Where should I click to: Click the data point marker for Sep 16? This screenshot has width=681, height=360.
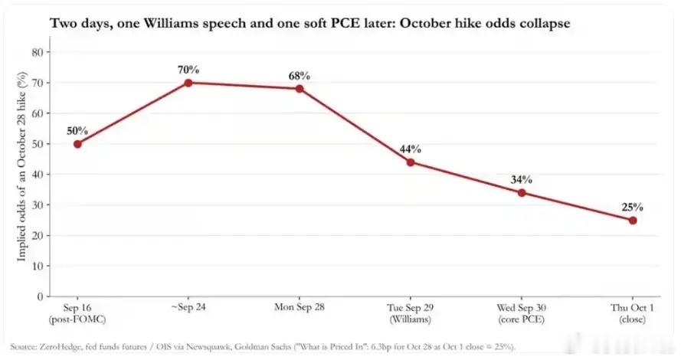pos(77,144)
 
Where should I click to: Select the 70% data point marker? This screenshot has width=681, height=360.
pos(188,83)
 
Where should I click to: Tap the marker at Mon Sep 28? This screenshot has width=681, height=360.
pos(300,89)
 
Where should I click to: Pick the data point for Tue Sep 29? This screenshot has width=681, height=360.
pos(411,162)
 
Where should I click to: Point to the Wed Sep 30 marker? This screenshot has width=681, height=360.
pos(522,193)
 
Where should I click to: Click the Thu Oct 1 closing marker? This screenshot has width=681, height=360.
pos(633,221)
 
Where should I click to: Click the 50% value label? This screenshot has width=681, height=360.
pos(77,131)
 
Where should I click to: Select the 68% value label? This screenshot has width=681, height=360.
pos(300,76)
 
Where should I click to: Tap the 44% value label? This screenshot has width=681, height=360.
pos(411,149)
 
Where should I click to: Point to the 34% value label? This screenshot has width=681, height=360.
pos(522,180)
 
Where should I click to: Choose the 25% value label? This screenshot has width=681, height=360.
pos(633,208)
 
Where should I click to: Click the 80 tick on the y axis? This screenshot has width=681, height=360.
pos(38,53)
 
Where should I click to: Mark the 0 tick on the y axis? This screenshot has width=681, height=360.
pos(41,296)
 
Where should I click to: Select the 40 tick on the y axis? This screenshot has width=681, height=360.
pos(38,175)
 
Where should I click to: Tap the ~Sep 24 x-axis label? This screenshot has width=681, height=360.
pos(188,307)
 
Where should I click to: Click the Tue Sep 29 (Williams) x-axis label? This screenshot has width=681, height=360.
pos(411,313)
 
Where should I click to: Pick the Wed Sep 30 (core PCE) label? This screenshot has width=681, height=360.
pos(522,313)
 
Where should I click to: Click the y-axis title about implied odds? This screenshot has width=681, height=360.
pos(21,166)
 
